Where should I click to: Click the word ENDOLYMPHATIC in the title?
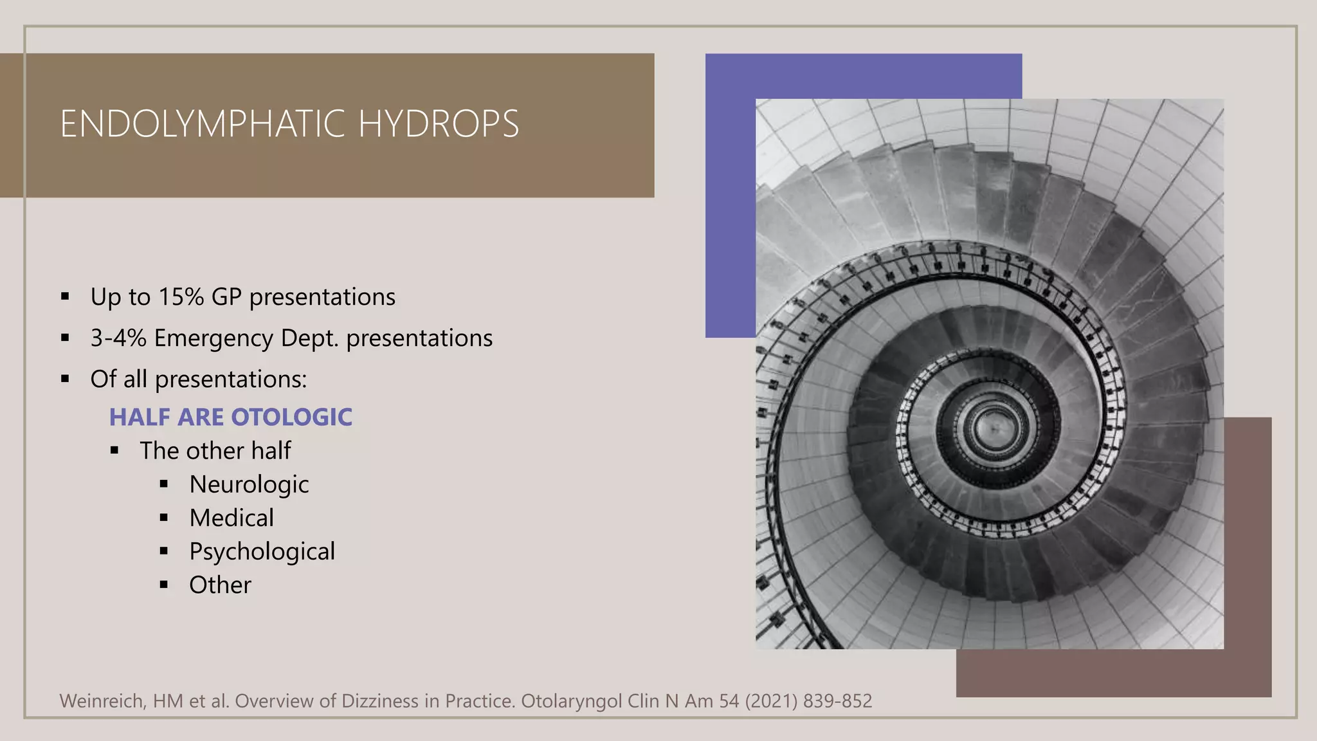click(204, 124)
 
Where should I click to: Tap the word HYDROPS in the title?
click(438, 124)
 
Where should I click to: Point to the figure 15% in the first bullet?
click(181, 297)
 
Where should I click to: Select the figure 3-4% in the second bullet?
click(118, 338)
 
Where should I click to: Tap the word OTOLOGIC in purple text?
click(291, 417)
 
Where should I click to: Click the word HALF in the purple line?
click(140, 417)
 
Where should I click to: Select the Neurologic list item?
click(249, 484)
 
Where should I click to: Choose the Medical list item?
click(232, 518)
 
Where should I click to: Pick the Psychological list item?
click(262, 552)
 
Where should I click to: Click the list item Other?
click(220, 585)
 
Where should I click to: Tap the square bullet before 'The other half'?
click(114, 451)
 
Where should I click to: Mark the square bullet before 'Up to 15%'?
click(65, 297)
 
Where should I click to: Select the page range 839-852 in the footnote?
click(837, 701)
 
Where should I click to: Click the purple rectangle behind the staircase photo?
click(730, 193)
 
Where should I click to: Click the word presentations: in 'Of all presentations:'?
click(231, 380)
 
